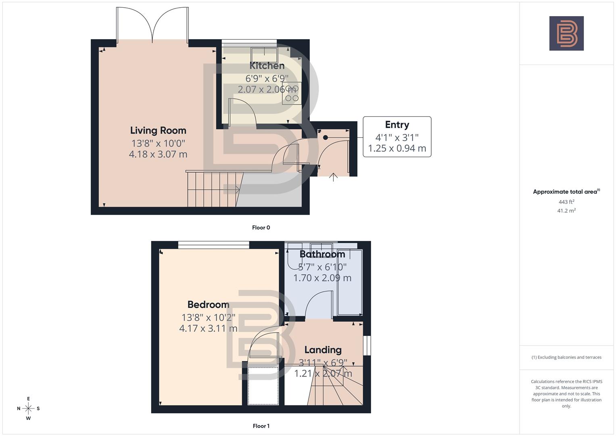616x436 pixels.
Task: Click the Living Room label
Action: pyautogui.click(x=158, y=130)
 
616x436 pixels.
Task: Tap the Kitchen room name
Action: pyautogui.click(x=267, y=65)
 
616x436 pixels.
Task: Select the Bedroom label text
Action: pyautogui.click(x=208, y=304)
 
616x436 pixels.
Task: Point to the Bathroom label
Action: pyautogui.click(x=322, y=254)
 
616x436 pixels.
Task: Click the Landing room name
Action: pyautogui.click(x=323, y=350)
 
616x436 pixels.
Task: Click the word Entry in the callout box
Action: pyautogui.click(x=397, y=125)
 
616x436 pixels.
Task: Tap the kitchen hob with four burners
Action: pyautogui.click(x=292, y=93)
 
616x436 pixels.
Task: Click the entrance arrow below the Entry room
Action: pyautogui.click(x=333, y=177)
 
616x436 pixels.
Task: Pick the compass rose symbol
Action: pyautogui.click(x=28, y=409)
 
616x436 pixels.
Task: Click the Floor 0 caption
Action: pyautogui.click(x=261, y=228)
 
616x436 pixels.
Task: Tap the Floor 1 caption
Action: pyautogui.click(x=261, y=426)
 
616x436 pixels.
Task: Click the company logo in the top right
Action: pyautogui.click(x=566, y=33)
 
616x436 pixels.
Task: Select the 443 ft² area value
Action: pyautogui.click(x=566, y=202)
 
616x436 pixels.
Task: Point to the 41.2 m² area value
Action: pyautogui.click(x=566, y=211)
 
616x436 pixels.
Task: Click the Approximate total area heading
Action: pyautogui.click(x=566, y=192)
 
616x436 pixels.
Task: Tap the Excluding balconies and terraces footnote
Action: pyautogui.click(x=566, y=357)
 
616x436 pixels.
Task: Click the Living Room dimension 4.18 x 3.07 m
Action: pyautogui.click(x=158, y=154)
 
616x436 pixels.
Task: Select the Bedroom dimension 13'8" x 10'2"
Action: pyautogui.click(x=208, y=317)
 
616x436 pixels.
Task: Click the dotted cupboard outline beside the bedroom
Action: pyautogui.click(x=263, y=386)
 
